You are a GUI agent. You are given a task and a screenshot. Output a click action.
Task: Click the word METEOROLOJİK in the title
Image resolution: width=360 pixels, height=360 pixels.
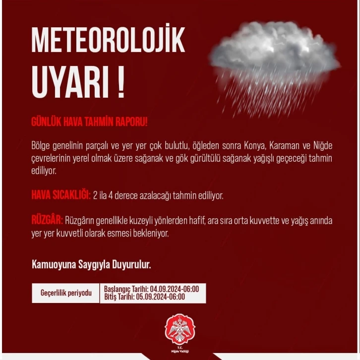tap(108, 41)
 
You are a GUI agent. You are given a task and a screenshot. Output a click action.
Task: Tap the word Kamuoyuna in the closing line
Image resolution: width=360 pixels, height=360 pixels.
tap(54, 264)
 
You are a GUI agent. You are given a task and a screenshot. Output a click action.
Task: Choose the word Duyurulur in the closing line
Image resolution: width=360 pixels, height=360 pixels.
tap(132, 264)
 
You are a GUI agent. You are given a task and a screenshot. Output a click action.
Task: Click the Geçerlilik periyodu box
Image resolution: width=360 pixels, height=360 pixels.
tap(66, 293)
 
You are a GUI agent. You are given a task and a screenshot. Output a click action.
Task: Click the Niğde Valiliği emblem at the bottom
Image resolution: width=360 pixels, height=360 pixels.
tap(180, 329)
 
